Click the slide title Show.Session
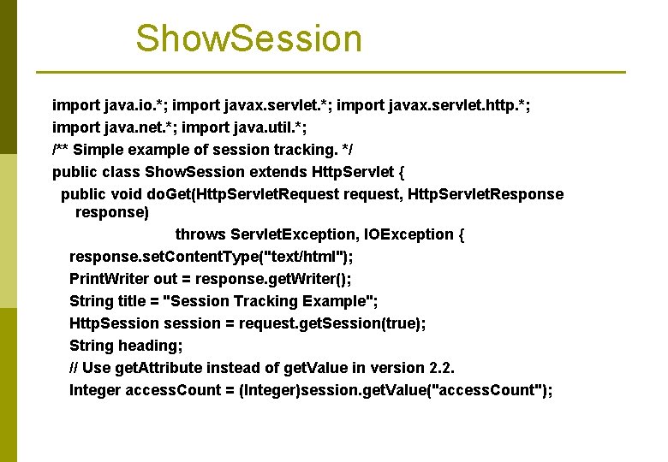point(248,39)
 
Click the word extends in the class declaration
point(279,172)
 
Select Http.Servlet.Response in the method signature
point(486,194)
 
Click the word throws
point(200,234)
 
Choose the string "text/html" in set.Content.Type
point(306,257)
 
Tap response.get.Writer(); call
point(273,279)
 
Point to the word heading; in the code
point(151,346)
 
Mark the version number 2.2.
point(440,368)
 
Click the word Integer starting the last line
point(95,390)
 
